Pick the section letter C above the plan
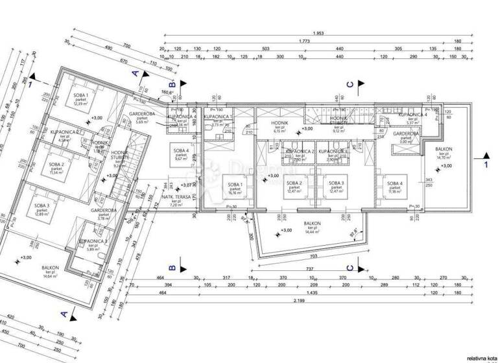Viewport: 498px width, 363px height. (x=350, y=84)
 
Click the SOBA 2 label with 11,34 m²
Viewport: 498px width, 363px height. (x=58, y=170)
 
